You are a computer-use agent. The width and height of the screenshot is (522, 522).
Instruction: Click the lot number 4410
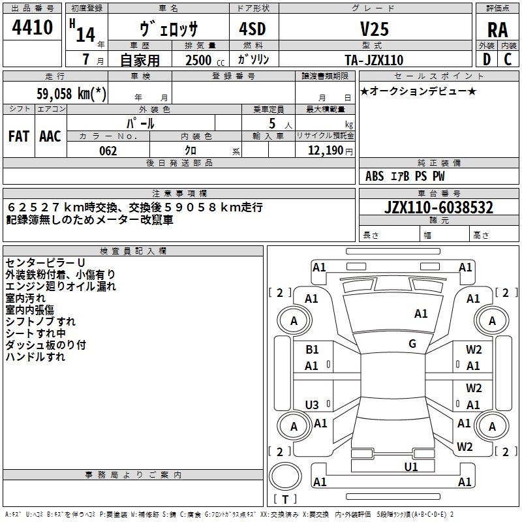tap(32, 28)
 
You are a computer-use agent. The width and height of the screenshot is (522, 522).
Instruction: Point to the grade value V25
tap(374, 29)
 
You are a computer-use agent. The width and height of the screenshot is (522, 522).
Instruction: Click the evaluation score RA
tap(497, 29)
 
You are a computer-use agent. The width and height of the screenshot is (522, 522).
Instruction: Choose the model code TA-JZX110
tap(374, 60)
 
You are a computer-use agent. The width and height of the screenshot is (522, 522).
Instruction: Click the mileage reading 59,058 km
tap(72, 94)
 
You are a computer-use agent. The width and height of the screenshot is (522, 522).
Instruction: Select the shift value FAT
tap(18, 136)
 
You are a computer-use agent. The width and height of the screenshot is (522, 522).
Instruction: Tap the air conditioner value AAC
tap(50, 136)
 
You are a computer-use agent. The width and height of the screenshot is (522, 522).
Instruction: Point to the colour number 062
tap(108, 151)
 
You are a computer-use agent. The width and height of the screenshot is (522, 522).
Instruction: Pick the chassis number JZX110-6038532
tap(438, 207)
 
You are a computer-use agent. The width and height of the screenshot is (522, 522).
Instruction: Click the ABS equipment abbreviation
tap(375, 176)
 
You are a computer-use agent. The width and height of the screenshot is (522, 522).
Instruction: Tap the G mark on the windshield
tap(412, 343)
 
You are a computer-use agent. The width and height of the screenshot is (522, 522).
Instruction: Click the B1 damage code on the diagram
tap(312, 350)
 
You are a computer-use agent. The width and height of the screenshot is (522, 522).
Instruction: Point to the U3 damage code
tap(312, 405)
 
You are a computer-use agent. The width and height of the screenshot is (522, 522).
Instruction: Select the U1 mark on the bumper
tap(410, 466)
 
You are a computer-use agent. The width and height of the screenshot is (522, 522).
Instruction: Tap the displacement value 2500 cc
tap(199, 60)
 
